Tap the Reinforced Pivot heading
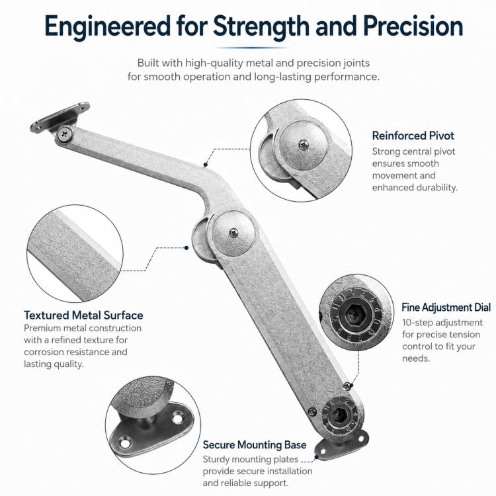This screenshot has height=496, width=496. click(413, 136)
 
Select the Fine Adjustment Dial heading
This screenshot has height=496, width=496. click(446, 307)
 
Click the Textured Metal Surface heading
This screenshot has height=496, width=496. click(83, 315)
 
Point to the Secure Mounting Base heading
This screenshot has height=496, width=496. click(255, 445)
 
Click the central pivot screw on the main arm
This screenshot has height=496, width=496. click(233, 233)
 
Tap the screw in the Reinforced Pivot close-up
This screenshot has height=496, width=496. click(304, 145)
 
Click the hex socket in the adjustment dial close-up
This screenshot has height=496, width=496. click(354, 314)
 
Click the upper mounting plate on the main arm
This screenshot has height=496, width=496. click(60, 117)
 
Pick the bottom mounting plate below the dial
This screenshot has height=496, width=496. click(342, 445)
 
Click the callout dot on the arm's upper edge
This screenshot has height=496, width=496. click(206, 165)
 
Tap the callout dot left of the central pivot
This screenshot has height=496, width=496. click(186, 248)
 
